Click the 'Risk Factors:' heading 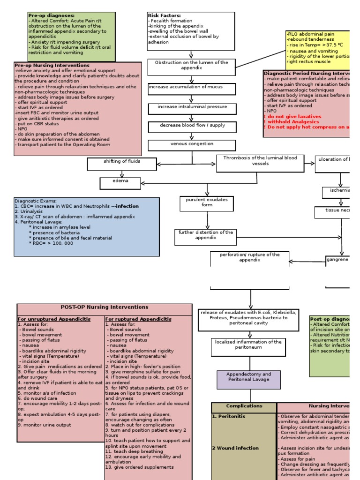[x=164, y=15]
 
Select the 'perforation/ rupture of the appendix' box [x=249, y=258]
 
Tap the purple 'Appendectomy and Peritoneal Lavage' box [x=249, y=379]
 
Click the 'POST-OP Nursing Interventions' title [x=105, y=307]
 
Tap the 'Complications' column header [x=244, y=406]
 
